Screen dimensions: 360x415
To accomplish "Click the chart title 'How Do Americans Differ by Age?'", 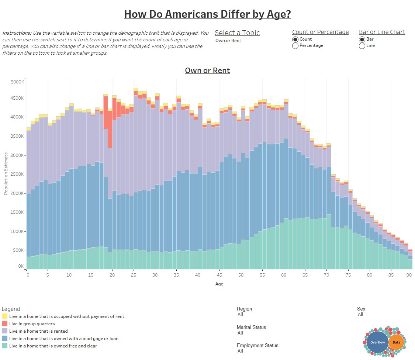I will pyautogui.click(x=207, y=14).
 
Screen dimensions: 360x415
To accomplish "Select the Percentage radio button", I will pyautogui.click(x=295, y=46).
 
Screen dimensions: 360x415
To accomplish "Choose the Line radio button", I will pyautogui.click(x=362, y=46).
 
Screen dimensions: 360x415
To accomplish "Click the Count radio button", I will pyautogui.click(x=295, y=40).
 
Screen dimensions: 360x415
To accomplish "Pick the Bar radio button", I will pyautogui.click(x=362, y=40).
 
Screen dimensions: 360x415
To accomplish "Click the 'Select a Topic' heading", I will pyautogui.click(x=237, y=33).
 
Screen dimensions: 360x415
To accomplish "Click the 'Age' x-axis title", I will pyautogui.click(x=219, y=284).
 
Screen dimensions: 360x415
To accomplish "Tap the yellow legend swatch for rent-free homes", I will pyautogui.click(x=5, y=316).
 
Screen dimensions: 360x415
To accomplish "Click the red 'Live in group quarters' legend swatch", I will pyautogui.click(x=5, y=324).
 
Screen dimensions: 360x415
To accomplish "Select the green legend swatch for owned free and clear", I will pyautogui.click(x=5, y=346).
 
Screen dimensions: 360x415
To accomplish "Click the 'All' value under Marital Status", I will pyautogui.click(x=240, y=333).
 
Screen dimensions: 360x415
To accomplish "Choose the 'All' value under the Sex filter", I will pyautogui.click(x=360, y=315).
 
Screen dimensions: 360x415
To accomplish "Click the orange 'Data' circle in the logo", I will pyautogui.click(x=396, y=342).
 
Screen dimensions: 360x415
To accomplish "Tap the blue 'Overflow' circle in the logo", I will pyautogui.click(x=377, y=342).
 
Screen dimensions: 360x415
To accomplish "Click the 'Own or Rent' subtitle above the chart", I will pyautogui.click(x=207, y=71).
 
